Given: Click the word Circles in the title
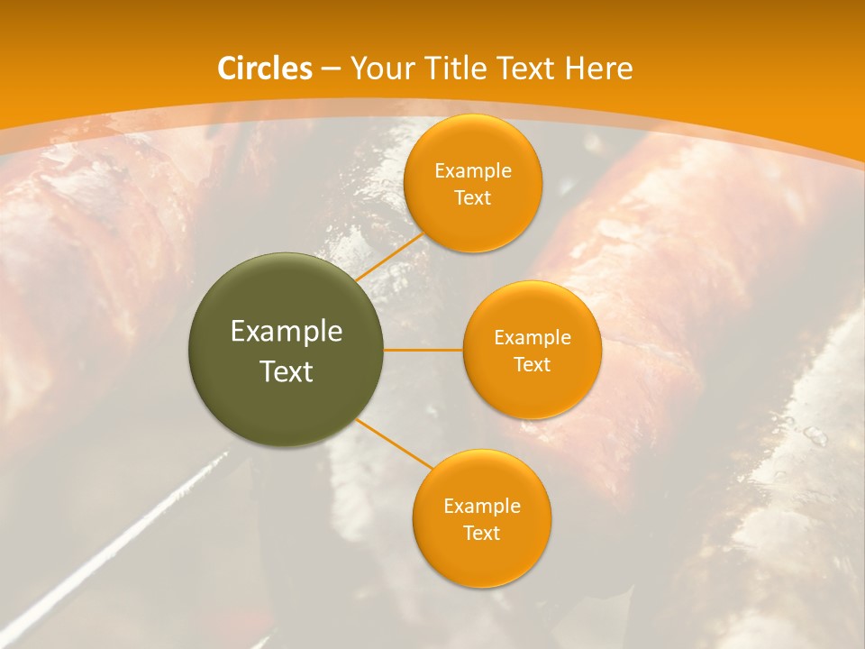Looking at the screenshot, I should [x=265, y=69].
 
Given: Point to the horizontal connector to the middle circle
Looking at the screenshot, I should [x=423, y=350].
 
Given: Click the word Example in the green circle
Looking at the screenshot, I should [x=286, y=331].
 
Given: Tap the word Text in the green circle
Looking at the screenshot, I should [x=286, y=370].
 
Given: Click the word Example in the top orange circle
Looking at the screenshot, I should [x=472, y=170].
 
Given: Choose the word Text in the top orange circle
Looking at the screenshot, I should [x=472, y=197].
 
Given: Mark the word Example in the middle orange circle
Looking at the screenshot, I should [x=532, y=337].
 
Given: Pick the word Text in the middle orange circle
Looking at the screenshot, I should [x=532, y=364].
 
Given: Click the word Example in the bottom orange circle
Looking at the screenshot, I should [x=481, y=506].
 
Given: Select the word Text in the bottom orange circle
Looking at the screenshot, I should [x=481, y=533].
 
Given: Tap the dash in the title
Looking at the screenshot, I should [x=331, y=69].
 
